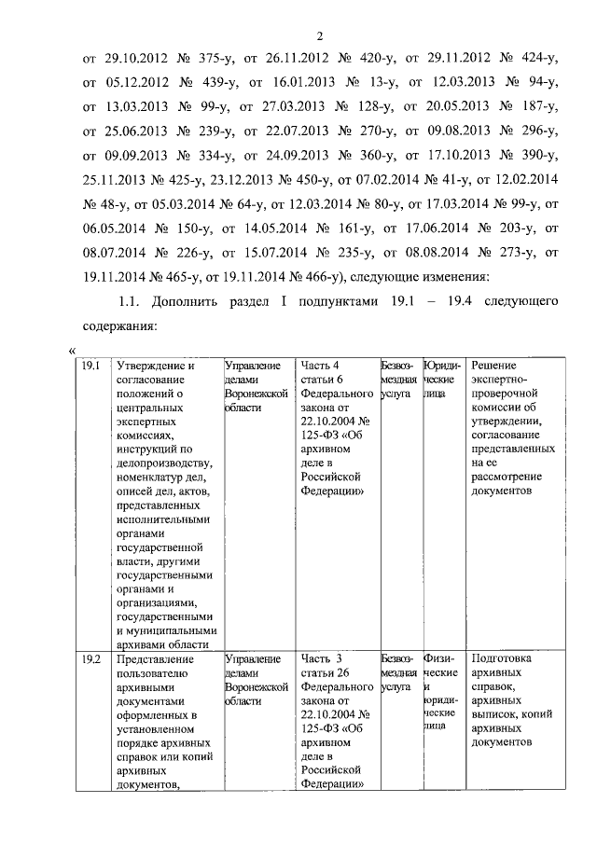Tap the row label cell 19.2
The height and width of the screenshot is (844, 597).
pyautogui.click(x=90, y=658)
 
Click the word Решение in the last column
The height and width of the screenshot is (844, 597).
pyautogui.click(x=496, y=366)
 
